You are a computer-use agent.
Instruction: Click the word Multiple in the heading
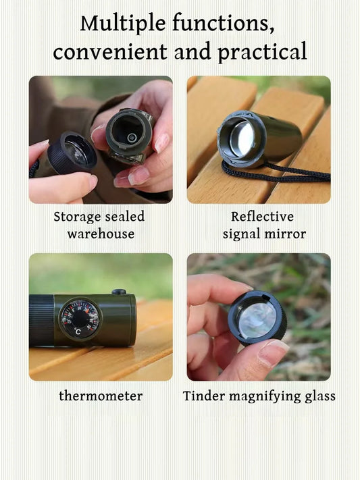coord(124,23)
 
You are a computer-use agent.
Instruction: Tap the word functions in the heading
coord(224,23)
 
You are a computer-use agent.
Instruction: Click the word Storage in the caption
coord(76,217)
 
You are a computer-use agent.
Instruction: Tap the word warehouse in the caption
coord(100,234)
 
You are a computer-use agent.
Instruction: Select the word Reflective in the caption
coord(262,217)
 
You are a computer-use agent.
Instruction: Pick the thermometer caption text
coord(100,396)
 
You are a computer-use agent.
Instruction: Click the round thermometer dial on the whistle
coord(79,319)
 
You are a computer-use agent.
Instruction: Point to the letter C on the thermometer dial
coord(78,331)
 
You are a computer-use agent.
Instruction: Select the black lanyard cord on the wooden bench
coord(297,173)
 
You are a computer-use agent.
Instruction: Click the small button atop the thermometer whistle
coord(120,292)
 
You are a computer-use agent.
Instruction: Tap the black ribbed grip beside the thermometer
coord(42,320)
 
